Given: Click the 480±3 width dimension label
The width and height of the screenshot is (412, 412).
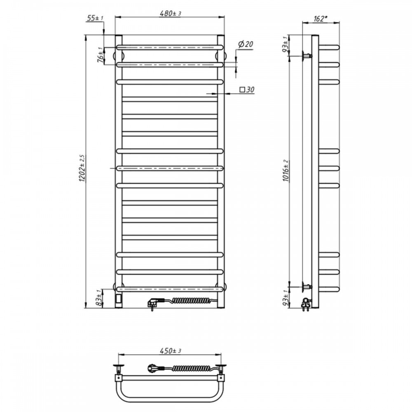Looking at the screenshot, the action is tap(171, 14).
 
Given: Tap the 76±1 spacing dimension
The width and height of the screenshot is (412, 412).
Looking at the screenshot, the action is tap(100, 54).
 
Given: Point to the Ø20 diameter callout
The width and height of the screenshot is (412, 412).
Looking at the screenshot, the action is tap(246, 44).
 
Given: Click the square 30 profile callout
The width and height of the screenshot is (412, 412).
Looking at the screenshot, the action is tap(247, 89).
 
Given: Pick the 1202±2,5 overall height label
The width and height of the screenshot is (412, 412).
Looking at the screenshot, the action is tap(82, 168).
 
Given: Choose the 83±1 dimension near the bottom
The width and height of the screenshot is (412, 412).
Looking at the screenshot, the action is tap(99, 298).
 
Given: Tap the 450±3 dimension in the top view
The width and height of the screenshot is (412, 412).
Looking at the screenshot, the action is tap(171, 351).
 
